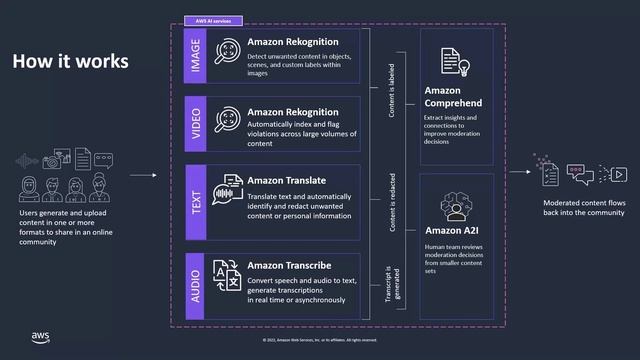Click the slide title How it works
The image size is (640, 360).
coord(70,61)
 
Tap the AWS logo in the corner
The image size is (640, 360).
coord(40,335)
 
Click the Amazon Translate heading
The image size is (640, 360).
coord(286,180)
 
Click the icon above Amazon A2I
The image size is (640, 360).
coord(457,199)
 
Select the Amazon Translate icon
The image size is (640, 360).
coord(227,189)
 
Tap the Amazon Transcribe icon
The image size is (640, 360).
coord(227,273)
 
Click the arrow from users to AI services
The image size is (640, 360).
coord(144,176)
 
